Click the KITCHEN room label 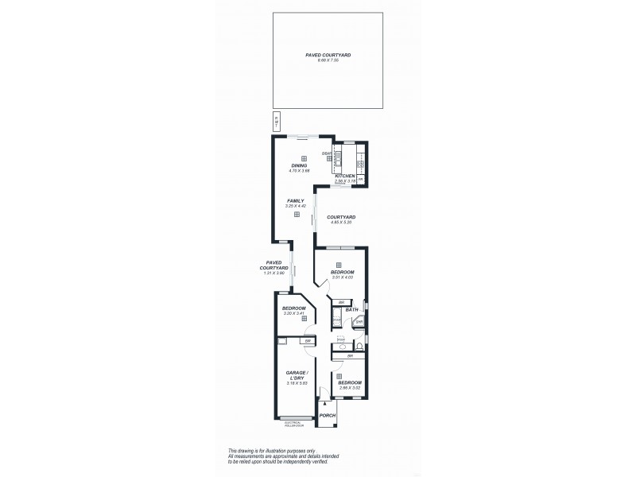click(344, 176)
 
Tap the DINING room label click(298, 165)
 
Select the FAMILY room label click(295, 201)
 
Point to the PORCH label click(327, 416)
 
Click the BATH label click(351, 310)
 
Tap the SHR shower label click(359, 322)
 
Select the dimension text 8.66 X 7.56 click(328, 60)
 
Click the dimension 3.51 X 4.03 click(343, 277)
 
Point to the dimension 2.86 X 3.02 click(350, 387)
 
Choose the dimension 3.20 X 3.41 click(294, 312)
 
